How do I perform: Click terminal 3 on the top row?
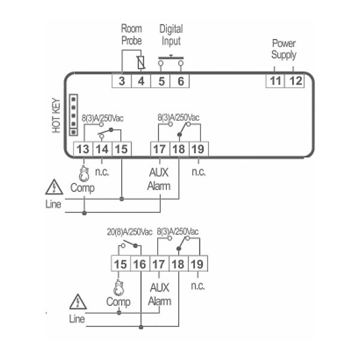[122, 80]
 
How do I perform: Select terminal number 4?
[141, 80]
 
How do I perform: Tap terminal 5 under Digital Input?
[161, 80]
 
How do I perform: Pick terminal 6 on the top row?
[180, 80]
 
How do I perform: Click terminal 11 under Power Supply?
[275, 80]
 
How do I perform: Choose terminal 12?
[295, 80]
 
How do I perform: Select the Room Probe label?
[131, 35]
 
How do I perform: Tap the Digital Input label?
[171, 35]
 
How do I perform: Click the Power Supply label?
[284, 49]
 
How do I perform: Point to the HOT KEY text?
[56, 116]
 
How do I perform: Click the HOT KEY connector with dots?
[74, 115]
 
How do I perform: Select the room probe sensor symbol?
[141, 62]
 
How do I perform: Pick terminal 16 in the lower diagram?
[139, 263]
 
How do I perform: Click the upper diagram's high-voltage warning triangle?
[55, 188]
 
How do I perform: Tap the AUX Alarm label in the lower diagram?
[159, 295]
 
